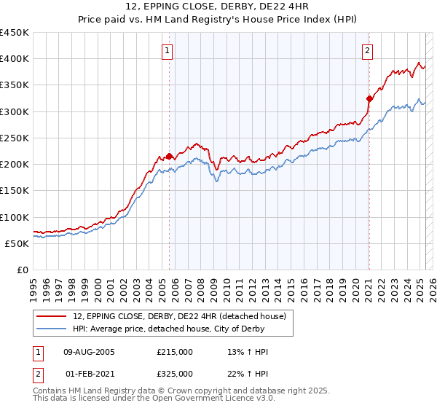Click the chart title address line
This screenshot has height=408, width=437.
coord(219,8)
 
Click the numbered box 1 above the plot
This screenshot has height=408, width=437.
coord(168,50)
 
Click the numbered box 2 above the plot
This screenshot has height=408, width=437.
coord(367,50)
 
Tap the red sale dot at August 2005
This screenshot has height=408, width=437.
coord(169,156)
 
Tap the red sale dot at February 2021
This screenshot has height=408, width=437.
coord(369,98)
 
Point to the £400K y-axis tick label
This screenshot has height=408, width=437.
coord(15,59)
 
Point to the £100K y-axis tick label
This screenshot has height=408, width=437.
coord(15,217)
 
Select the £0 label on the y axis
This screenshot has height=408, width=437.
coord(22,270)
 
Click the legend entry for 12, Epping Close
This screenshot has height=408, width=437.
coord(183,315)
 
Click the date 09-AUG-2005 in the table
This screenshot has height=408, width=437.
coord(90,352)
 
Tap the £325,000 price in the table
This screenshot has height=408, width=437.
coord(174,373)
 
